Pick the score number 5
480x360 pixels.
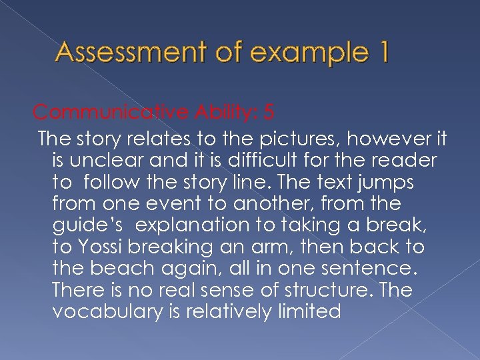coord(268,111)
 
